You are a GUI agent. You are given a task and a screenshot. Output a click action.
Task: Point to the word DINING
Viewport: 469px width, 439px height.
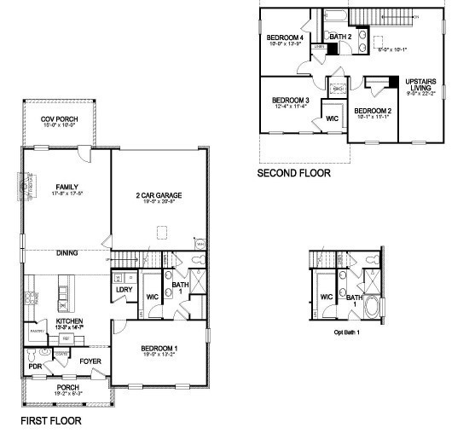(x=68, y=252)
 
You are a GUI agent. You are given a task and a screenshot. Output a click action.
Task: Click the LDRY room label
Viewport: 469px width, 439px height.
(x=123, y=290)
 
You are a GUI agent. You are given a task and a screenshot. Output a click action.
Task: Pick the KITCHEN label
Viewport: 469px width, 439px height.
(x=69, y=321)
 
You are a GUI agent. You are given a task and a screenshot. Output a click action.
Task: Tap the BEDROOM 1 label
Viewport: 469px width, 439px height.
(x=159, y=347)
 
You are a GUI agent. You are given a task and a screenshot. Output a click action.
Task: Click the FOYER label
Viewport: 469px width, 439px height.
(x=90, y=361)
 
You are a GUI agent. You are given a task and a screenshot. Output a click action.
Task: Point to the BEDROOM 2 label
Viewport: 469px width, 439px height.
(x=373, y=111)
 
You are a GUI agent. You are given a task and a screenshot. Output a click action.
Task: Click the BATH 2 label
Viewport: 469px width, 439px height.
(x=340, y=38)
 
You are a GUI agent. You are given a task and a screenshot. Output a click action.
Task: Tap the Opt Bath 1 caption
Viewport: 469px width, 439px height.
(x=346, y=332)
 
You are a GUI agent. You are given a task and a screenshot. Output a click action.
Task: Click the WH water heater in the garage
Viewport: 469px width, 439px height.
(x=201, y=244)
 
